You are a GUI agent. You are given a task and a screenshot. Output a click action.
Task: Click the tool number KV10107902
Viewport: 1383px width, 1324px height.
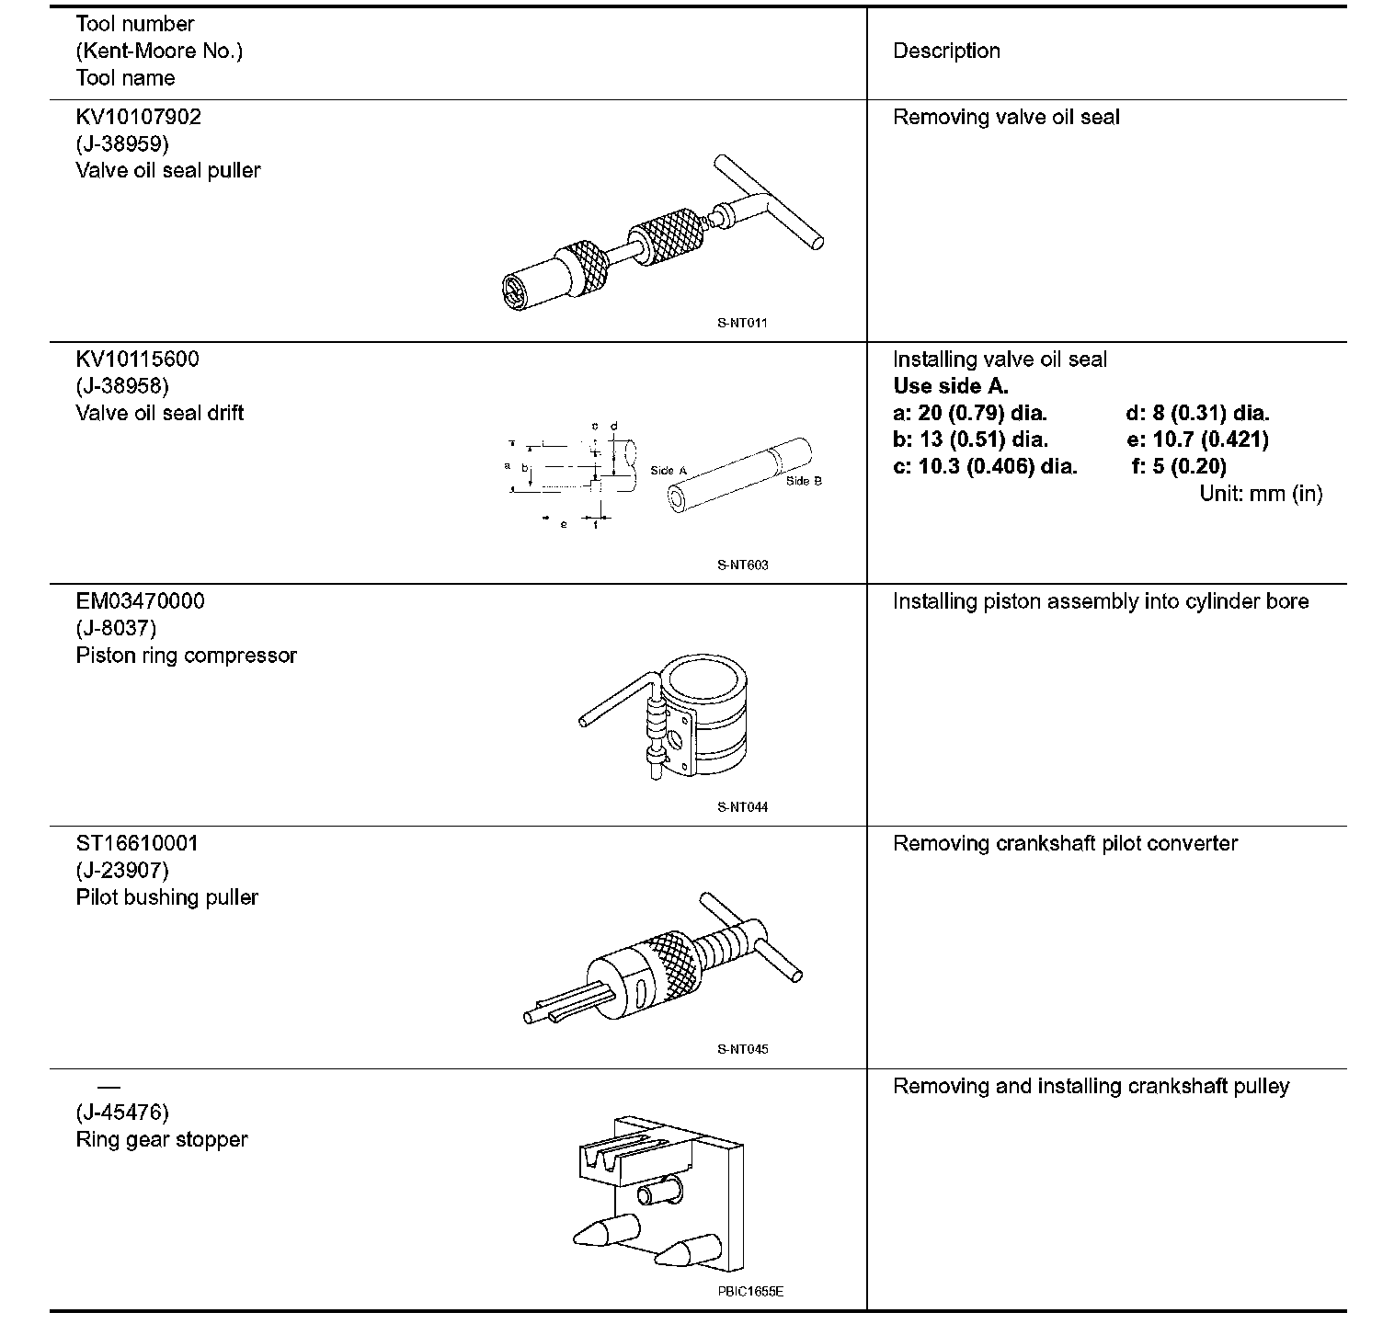coord(138,117)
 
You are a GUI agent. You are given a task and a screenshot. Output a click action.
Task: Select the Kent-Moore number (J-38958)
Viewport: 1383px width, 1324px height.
coord(122,386)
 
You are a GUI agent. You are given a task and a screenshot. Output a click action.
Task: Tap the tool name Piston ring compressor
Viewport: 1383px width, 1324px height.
coord(186,656)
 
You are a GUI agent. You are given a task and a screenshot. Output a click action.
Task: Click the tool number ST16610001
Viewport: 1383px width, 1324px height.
coord(136,843)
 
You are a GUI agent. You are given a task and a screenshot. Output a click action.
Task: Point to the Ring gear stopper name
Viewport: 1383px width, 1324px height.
coord(161,1139)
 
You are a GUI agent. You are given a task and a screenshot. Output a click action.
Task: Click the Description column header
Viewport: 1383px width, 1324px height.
coord(946,51)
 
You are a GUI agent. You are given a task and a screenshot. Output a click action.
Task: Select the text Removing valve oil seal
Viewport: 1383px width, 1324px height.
coord(1006,117)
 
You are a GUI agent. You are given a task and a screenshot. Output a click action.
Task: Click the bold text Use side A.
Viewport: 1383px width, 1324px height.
coord(950,386)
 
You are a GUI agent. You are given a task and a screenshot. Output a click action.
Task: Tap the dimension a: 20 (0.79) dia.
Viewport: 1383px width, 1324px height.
coord(970,413)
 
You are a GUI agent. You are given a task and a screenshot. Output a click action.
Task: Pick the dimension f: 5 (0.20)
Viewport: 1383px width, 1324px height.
coord(1179,466)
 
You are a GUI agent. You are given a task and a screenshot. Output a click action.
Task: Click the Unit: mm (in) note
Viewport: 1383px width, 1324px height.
coord(1261,494)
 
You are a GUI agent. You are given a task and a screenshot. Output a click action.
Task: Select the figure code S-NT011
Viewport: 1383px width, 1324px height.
coord(742,324)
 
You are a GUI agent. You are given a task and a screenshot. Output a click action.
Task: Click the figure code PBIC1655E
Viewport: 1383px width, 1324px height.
coord(750,1292)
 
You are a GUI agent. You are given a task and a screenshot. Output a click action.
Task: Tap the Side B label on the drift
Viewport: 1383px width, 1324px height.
coord(804,481)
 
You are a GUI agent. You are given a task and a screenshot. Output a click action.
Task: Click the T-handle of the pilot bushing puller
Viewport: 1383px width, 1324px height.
coord(751,938)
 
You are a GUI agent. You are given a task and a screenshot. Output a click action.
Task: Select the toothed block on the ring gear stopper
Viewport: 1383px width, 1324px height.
coord(623,1158)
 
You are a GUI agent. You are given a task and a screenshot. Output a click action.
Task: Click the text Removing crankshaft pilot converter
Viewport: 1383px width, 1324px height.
coord(1065,843)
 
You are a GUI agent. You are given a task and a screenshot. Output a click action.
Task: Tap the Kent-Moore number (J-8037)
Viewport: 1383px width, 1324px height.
coord(116,628)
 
